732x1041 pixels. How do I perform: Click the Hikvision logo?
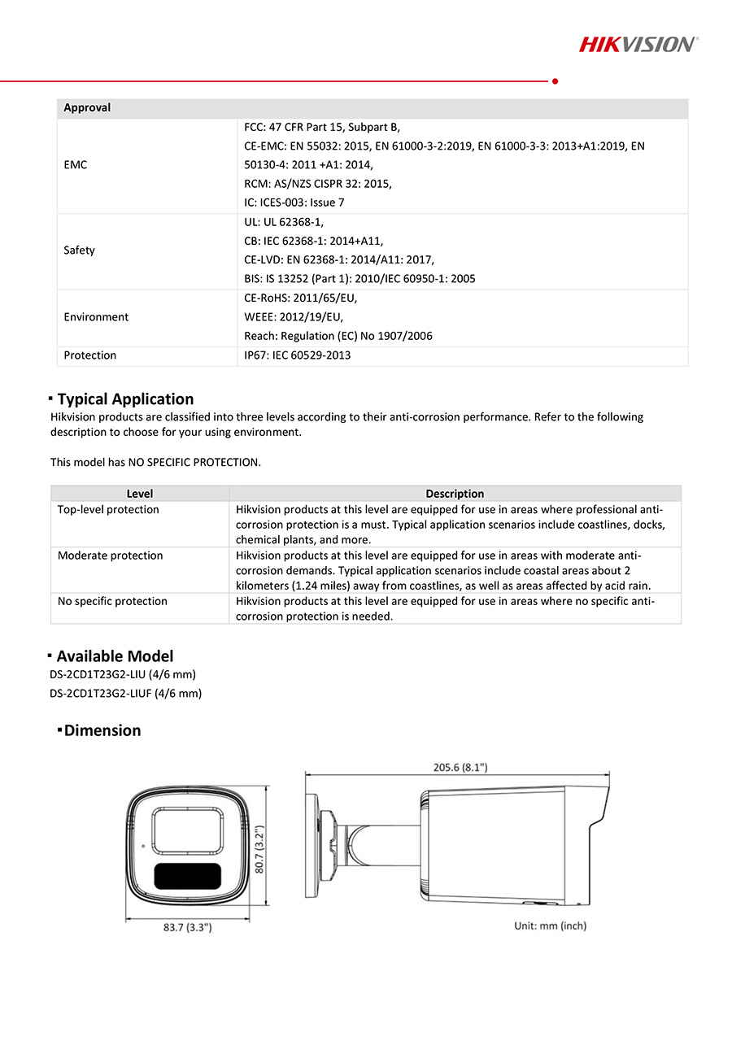(638, 44)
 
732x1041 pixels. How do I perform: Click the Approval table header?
(87, 108)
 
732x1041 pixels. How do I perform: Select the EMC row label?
(76, 165)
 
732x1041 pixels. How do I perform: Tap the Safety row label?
(80, 250)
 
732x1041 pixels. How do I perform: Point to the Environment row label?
(96, 317)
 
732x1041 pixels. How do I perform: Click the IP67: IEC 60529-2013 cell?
(298, 355)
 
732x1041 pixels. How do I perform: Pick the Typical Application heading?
(125, 399)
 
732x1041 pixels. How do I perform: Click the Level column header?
(140, 494)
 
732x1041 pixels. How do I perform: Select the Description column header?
(455, 494)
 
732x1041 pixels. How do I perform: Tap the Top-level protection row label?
(108, 510)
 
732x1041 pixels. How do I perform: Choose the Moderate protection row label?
(110, 555)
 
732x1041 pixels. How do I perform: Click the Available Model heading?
(115, 656)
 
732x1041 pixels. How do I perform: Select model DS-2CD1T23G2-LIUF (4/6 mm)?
(125, 694)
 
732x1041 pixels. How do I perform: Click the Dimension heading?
(102, 730)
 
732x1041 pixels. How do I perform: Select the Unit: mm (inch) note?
(550, 926)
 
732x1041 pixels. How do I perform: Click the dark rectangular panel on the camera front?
(186, 877)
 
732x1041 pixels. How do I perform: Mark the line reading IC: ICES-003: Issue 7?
(294, 203)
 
